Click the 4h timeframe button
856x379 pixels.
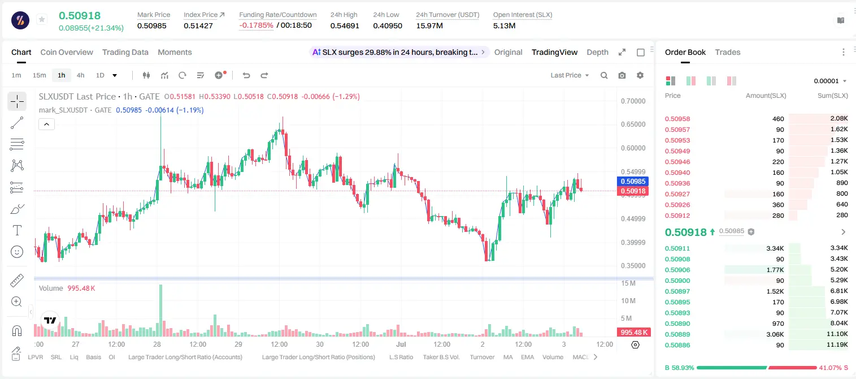click(x=80, y=75)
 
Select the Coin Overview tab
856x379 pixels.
click(x=67, y=52)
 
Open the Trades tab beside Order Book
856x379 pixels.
click(x=728, y=52)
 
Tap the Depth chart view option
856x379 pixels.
click(x=597, y=52)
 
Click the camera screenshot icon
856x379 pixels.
click(x=622, y=75)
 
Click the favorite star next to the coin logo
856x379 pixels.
click(x=42, y=19)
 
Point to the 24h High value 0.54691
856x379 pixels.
click(x=345, y=25)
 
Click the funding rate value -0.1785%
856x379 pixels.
click(x=256, y=25)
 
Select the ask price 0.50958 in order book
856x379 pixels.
click(x=677, y=119)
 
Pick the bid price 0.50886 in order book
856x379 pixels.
click(x=677, y=345)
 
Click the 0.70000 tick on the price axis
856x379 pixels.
click(x=633, y=101)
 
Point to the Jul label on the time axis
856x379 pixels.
click(x=401, y=344)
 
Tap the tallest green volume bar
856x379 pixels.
click(x=160, y=310)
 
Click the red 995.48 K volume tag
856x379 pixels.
click(x=633, y=333)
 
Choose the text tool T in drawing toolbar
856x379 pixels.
click(x=17, y=230)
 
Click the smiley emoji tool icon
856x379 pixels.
click(x=17, y=252)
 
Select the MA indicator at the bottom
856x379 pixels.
click(x=508, y=357)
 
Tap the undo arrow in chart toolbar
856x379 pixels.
click(x=246, y=75)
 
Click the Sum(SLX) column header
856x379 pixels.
click(x=833, y=96)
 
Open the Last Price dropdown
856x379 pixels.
click(x=570, y=75)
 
